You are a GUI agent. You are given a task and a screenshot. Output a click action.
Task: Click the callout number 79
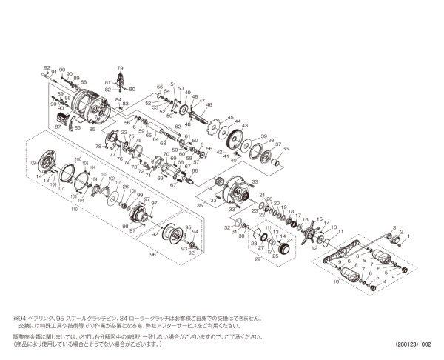(x=120, y=68)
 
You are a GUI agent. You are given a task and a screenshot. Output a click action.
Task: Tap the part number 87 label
(x=58, y=128)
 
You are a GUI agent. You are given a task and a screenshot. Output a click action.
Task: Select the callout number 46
(x=209, y=106)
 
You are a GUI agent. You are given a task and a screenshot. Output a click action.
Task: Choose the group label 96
(x=153, y=254)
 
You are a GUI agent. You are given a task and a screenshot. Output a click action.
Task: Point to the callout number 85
(x=92, y=129)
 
